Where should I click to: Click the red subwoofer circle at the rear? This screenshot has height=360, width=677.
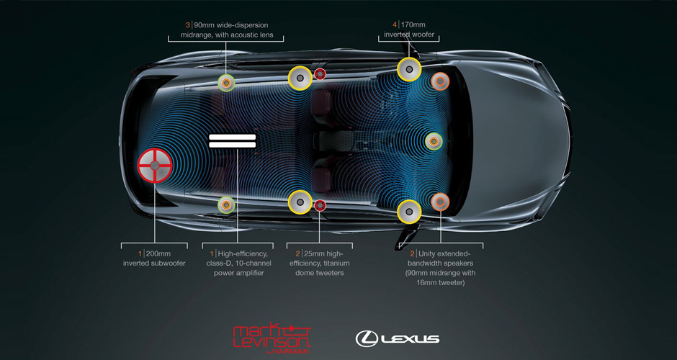pos(155,165)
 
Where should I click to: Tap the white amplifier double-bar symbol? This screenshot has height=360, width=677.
pos(232,140)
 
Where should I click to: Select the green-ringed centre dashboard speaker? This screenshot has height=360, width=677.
pos(433,141)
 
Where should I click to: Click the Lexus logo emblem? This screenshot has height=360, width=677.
pos(367,337)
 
